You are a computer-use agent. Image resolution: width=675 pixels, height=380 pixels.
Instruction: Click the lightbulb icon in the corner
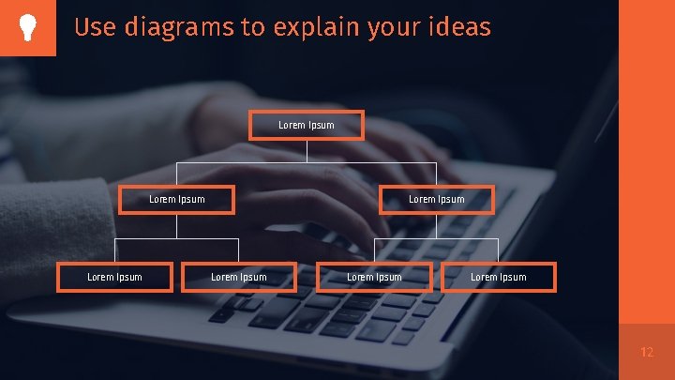coord(27,27)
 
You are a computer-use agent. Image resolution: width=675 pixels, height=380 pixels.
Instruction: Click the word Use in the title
coord(92,27)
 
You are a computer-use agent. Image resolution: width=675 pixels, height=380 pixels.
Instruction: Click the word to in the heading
coord(253,27)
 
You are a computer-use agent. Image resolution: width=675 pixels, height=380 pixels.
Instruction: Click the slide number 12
coord(647,353)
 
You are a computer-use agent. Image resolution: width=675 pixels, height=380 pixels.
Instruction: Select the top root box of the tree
coord(307,126)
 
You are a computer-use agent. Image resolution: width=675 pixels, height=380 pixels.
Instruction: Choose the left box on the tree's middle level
coord(177,199)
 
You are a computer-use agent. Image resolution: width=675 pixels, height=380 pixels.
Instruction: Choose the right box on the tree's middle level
coord(436,199)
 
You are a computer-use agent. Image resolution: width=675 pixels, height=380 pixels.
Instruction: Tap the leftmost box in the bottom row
coord(115,277)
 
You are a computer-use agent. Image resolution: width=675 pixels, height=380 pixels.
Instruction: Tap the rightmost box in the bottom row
coord(499,277)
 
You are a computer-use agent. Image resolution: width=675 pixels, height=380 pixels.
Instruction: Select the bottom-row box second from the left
coord(239,277)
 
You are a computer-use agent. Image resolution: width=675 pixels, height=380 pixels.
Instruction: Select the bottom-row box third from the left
coord(375,277)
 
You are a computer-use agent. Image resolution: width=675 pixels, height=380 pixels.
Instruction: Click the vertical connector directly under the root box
coord(307,151)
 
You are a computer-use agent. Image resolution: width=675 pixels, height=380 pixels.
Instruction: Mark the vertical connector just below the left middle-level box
coord(177,226)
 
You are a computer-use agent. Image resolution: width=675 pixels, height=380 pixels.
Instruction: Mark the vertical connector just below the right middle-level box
coord(436,226)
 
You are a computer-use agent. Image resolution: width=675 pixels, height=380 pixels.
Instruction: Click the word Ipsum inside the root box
coord(322,126)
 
